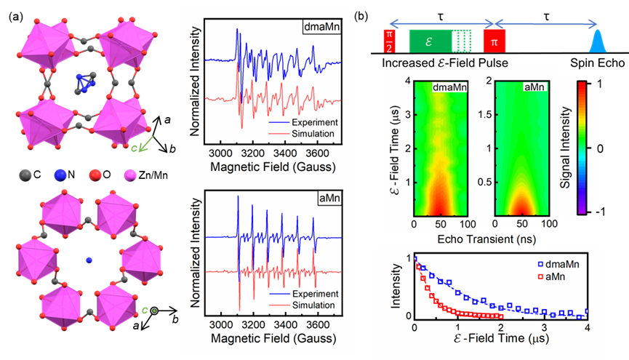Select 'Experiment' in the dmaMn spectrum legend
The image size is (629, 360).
tap(310, 123)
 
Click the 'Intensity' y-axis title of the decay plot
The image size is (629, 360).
tap(396, 287)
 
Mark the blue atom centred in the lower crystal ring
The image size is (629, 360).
tap(89, 260)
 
